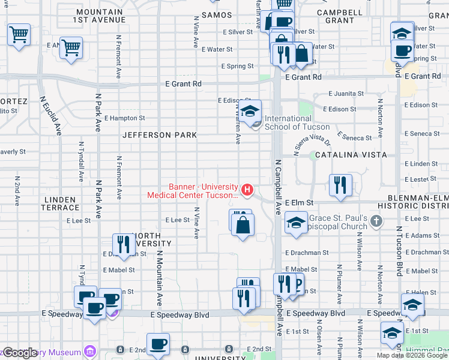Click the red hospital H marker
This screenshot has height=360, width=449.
point(246,189)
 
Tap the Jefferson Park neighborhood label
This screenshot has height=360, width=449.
point(160,135)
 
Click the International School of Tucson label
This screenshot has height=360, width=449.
point(297,122)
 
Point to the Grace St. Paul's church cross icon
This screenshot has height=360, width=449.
point(376,221)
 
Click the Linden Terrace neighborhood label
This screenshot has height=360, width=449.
point(59,203)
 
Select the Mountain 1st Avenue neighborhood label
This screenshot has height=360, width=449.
point(100,16)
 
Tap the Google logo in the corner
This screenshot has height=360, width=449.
point(20,353)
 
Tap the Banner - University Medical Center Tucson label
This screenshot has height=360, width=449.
point(193,190)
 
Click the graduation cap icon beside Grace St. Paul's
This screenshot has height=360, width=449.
point(296,223)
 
